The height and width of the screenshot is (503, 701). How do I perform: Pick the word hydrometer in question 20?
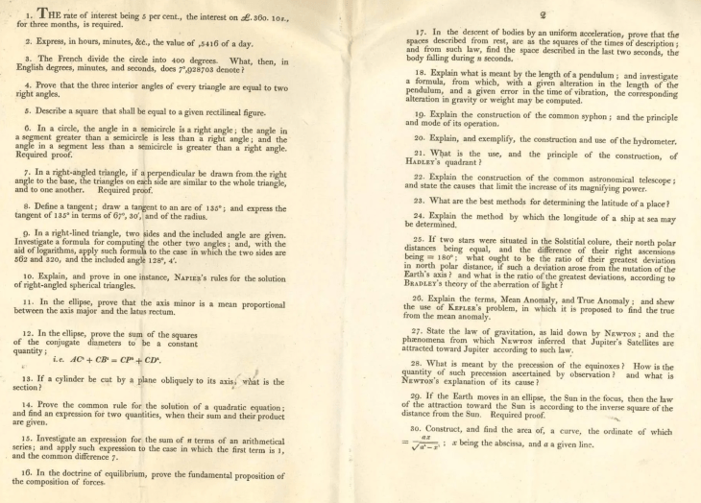(640, 138)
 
